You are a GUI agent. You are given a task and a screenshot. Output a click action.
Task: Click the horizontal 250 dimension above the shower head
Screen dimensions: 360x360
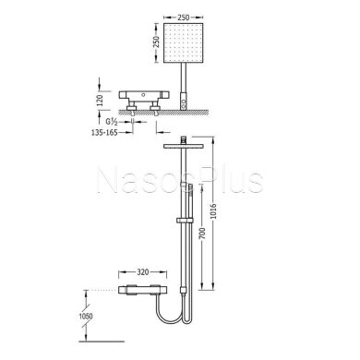point(184,18)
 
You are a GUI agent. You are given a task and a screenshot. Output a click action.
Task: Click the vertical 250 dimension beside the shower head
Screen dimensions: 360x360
point(156,42)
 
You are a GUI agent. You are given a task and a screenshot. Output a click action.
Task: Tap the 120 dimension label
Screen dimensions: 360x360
point(100,101)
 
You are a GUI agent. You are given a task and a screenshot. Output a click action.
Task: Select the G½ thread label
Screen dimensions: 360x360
point(112,122)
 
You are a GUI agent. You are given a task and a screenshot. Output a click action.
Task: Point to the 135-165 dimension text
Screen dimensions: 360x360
point(104,133)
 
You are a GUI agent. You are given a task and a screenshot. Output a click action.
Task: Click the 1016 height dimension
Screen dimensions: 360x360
point(213,210)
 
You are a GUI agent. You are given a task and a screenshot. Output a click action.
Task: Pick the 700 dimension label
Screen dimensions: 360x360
point(202,234)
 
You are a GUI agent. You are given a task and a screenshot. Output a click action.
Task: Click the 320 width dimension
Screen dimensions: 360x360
point(143,272)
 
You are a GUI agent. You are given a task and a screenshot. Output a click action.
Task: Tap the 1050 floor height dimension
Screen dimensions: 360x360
point(86,316)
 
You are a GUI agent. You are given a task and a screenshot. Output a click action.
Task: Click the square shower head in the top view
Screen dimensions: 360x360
point(184,42)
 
